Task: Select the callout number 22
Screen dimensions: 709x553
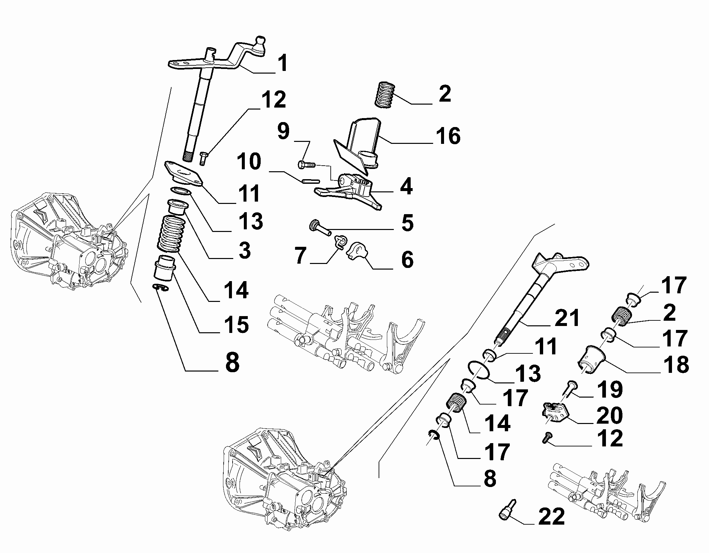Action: pyautogui.click(x=551, y=517)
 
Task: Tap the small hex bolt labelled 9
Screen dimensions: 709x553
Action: pyautogui.click(x=307, y=164)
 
